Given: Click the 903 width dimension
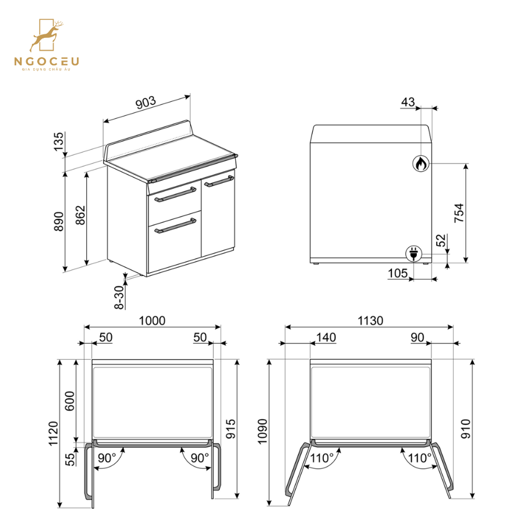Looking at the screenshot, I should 146,102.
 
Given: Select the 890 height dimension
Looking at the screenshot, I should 58,222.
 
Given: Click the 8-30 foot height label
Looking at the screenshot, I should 119,297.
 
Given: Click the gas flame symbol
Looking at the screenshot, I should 420,164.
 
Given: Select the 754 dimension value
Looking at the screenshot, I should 459,213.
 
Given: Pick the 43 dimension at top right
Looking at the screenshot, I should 408,102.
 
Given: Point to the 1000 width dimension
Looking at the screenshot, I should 152,321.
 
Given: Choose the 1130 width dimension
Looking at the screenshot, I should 370,321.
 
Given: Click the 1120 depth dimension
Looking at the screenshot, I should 52,434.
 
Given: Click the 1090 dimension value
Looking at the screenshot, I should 262,432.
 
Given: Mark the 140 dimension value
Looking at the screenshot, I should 326,337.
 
